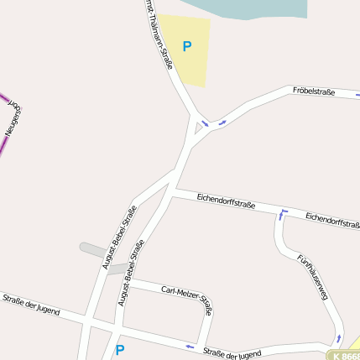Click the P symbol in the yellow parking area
(186, 47)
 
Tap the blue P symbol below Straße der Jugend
(119, 350)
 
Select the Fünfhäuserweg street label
(311, 278)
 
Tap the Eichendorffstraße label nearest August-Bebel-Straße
(226, 202)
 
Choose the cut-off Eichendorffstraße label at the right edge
(332, 220)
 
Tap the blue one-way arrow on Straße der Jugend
(190, 346)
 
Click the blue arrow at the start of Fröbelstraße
(223, 123)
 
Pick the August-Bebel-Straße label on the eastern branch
(132, 271)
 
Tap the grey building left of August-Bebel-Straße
(92, 250)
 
